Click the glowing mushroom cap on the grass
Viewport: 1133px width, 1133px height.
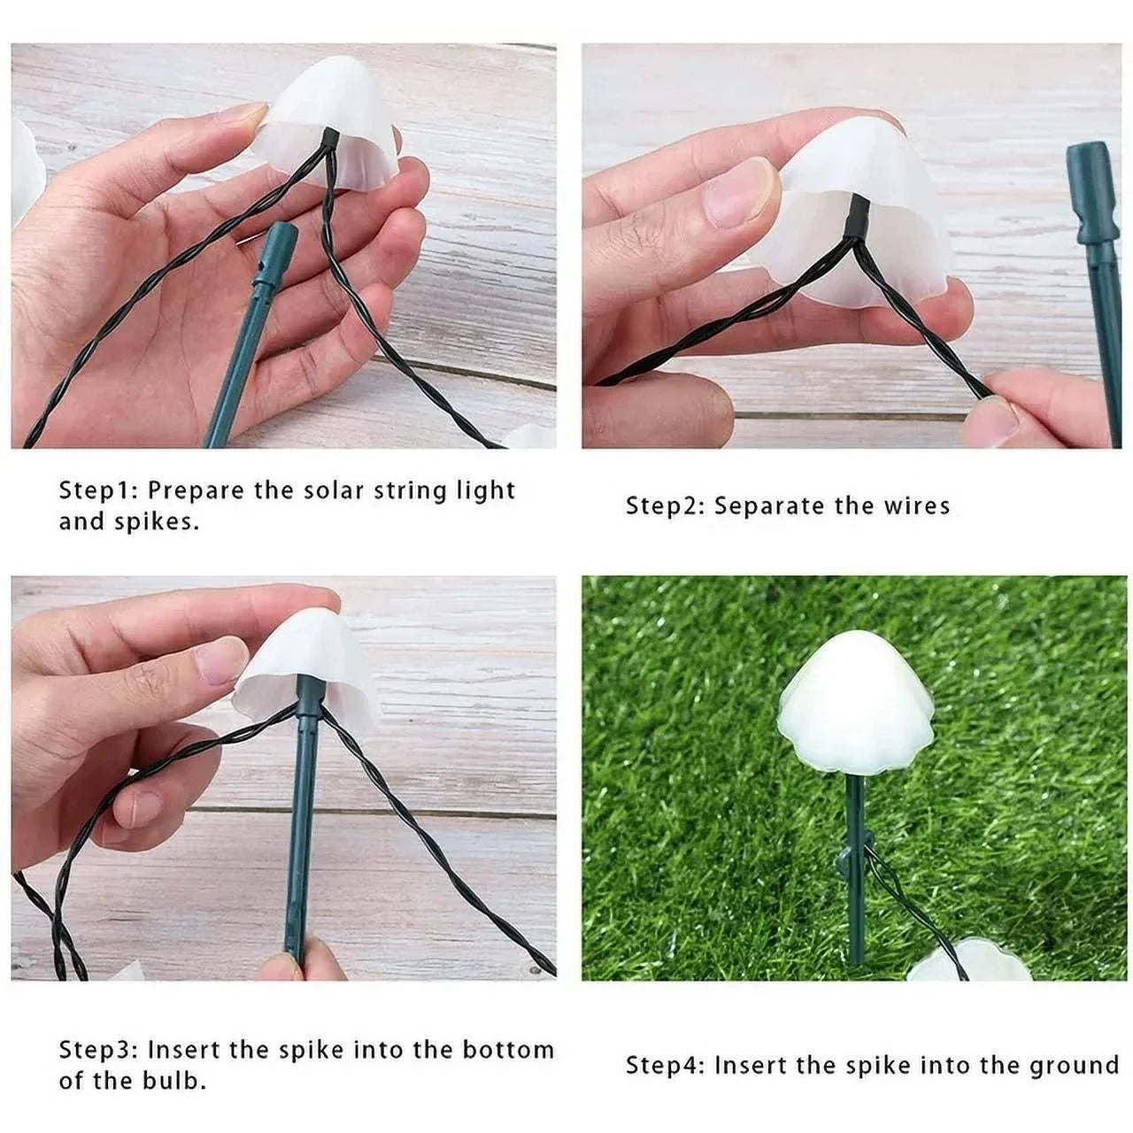856,702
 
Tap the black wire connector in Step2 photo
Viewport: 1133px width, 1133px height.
859,218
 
